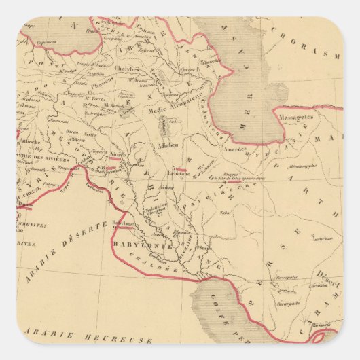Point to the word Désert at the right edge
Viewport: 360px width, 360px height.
(328, 274)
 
